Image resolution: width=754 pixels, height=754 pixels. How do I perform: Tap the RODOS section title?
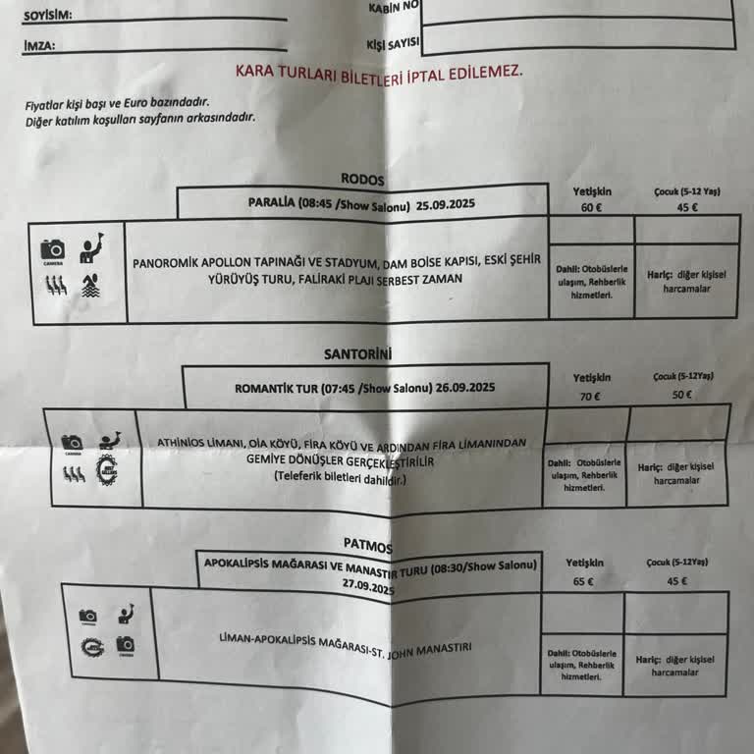point(362,180)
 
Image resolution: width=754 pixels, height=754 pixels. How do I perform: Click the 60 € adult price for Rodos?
point(591,207)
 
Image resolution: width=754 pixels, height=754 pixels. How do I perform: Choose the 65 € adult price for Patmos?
point(583,580)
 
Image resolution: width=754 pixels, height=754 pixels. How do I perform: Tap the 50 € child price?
point(681,395)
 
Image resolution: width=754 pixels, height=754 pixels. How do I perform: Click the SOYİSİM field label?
point(47,16)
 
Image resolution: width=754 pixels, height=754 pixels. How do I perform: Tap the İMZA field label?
point(39,45)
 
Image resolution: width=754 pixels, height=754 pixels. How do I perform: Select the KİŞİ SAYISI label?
point(392,44)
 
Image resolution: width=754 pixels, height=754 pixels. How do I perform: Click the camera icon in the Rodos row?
point(52,249)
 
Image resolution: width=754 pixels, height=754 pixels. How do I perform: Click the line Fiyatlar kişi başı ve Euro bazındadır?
point(117,103)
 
